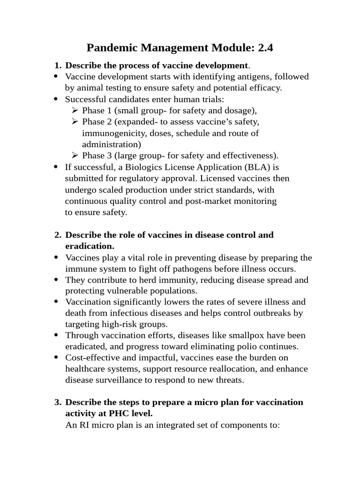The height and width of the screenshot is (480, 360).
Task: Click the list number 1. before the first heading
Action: pos(58,65)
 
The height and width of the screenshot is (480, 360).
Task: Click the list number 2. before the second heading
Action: pos(58,235)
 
